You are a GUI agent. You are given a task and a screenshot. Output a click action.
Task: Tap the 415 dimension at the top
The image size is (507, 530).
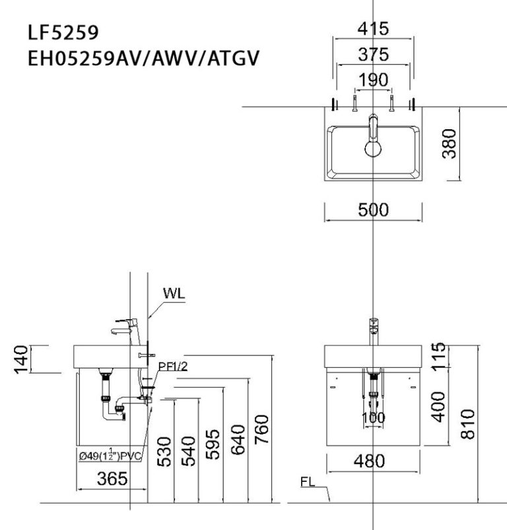(x=373, y=29)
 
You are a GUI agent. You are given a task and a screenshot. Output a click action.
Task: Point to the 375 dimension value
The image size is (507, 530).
(x=373, y=55)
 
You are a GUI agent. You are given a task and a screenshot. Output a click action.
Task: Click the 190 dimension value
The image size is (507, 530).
(x=373, y=80)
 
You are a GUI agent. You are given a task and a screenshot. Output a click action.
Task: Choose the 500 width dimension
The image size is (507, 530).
(x=373, y=210)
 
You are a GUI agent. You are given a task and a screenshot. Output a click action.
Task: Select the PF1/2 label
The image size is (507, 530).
(x=174, y=367)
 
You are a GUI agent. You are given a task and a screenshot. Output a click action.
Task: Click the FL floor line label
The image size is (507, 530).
(x=308, y=482)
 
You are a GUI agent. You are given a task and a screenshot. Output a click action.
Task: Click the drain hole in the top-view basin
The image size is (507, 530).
(x=374, y=148)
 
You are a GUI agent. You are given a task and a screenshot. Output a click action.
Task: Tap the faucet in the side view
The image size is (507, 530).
(x=125, y=326)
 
